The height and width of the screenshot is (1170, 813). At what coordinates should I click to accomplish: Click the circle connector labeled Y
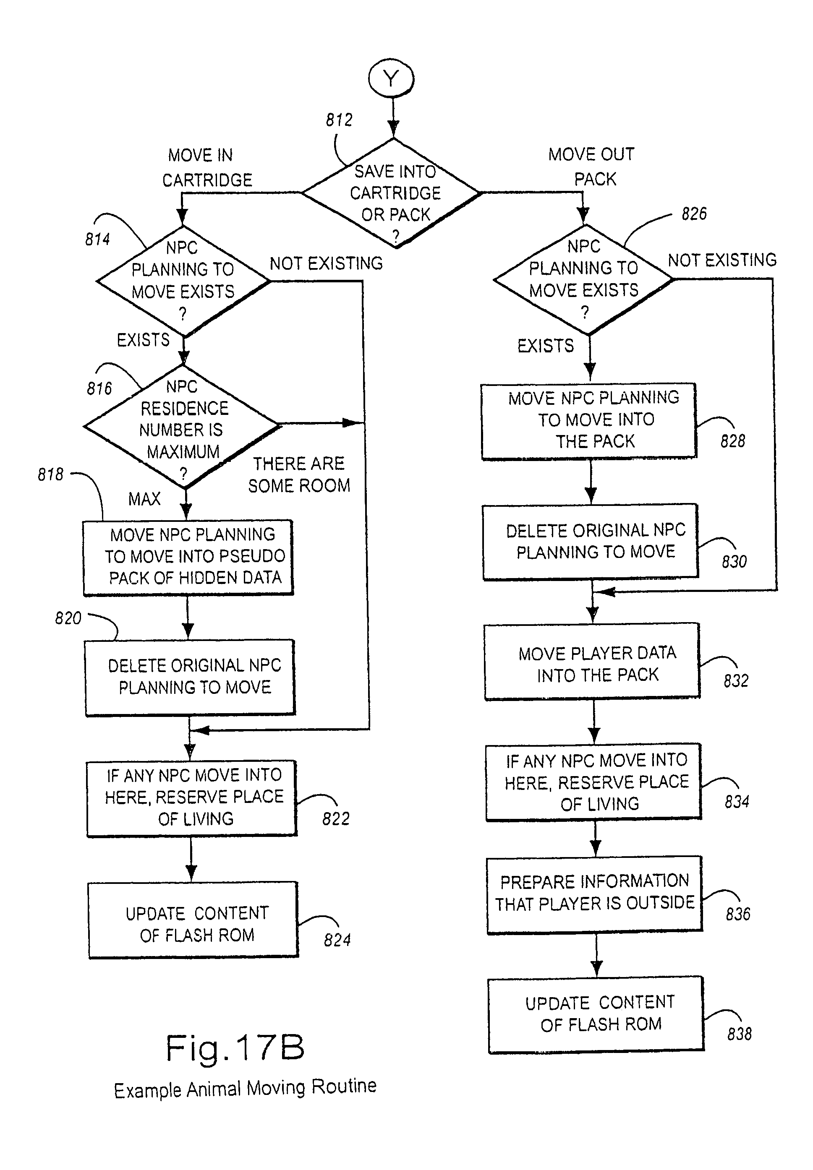tap(391, 79)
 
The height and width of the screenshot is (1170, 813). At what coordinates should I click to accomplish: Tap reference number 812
tap(339, 120)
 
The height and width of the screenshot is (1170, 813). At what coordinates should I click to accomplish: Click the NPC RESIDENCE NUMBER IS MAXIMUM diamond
tap(182, 427)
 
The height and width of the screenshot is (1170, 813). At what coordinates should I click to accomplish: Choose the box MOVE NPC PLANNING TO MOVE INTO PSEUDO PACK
tap(188, 557)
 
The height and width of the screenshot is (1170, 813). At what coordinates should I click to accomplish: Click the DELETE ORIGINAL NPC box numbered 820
tap(191, 677)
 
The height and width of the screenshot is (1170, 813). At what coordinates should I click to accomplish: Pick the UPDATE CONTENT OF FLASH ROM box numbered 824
tap(193, 920)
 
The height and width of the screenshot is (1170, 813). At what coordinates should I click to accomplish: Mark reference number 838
tap(739, 1034)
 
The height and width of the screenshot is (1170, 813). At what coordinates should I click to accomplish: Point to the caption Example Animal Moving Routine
tap(245, 1088)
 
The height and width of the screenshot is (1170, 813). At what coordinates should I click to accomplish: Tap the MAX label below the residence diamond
tap(144, 499)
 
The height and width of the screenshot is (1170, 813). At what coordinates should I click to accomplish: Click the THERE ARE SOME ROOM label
tap(299, 474)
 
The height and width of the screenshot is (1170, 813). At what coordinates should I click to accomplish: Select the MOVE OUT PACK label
tap(592, 167)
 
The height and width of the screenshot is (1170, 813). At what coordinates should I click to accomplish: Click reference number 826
tap(694, 214)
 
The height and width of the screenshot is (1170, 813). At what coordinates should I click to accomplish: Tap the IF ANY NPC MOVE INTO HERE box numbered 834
tap(594, 782)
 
